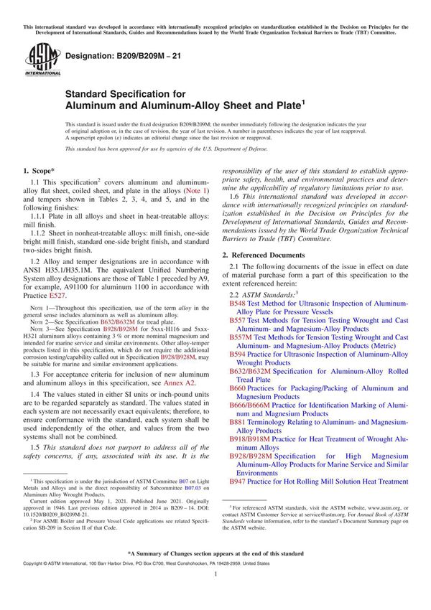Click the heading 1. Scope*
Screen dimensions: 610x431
click(40, 172)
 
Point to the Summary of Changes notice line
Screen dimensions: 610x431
click(215, 574)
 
